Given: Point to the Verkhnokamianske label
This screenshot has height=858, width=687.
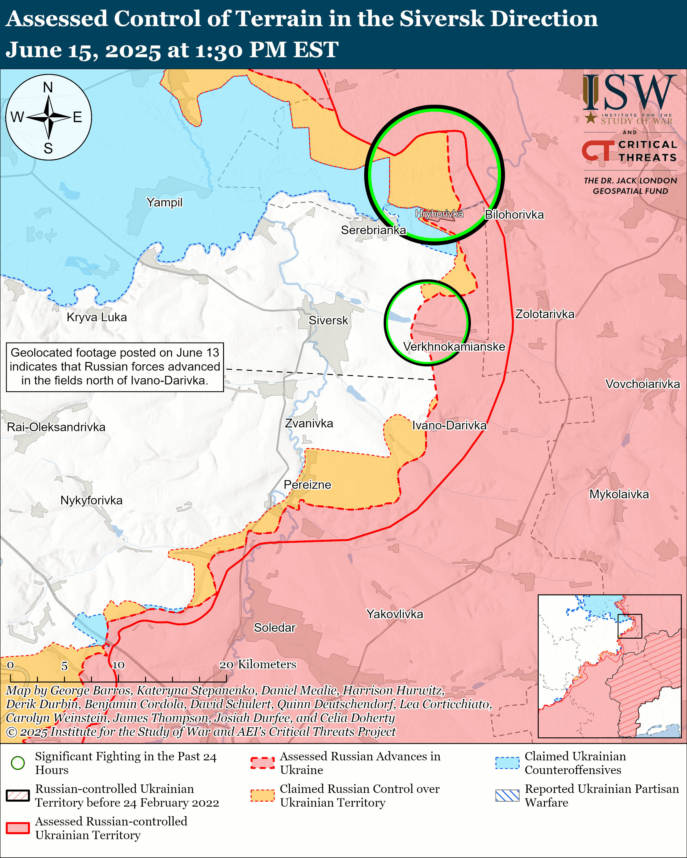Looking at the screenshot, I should point(454,346).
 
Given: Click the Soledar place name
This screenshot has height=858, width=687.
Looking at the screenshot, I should point(274,627).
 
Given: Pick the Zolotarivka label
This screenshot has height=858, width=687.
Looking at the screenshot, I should point(545,314).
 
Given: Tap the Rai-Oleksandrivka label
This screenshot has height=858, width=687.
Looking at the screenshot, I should point(56,427).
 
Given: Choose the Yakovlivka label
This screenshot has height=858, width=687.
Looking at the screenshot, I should point(395,614).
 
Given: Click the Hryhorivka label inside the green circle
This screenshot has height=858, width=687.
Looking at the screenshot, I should point(439,214).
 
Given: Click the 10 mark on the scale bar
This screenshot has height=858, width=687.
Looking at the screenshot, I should point(118,665).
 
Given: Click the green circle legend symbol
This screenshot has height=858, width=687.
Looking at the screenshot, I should point(18,763).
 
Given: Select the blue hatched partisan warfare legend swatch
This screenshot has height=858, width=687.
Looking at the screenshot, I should point(507,796).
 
